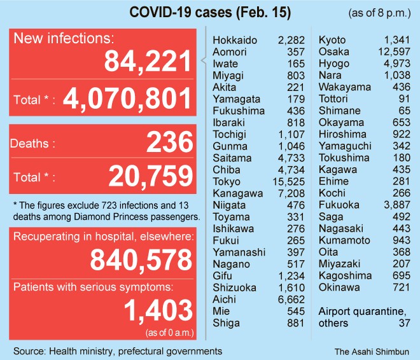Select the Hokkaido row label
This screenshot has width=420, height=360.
point(235,41)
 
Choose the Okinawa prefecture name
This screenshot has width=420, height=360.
point(339,287)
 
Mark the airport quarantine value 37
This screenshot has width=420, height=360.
point(405,322)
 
